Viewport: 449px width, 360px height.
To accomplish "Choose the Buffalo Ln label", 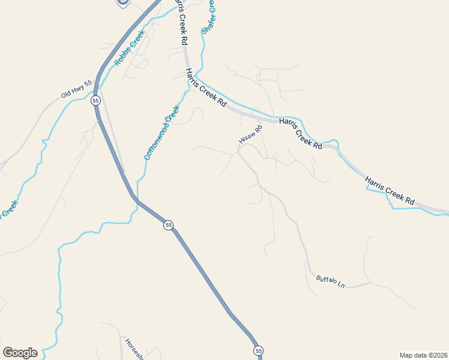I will [x=331, y=281].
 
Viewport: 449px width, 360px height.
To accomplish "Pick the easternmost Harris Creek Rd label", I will [x=390, y=190].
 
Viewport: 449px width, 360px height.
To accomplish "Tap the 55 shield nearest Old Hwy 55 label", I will [x=96, y=101].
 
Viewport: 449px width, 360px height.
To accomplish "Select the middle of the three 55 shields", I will [x=169, y=225].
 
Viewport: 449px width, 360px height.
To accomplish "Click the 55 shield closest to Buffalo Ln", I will [x=258, y=350].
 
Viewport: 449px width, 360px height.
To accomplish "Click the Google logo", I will [x=20, y=353].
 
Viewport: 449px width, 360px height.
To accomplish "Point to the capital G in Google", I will [x=8, y=353].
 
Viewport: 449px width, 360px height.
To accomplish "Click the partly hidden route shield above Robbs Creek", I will [x=124, y=2].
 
